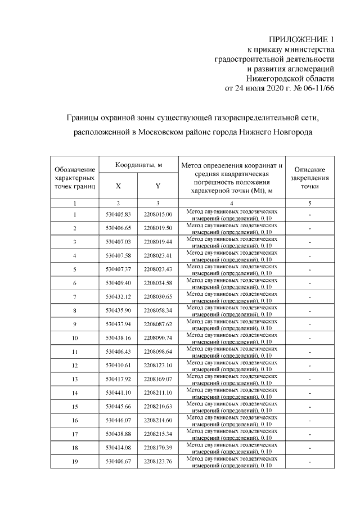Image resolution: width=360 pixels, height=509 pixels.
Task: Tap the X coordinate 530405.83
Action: (x=118, y=214)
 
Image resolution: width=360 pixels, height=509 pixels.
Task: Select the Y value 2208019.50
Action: (x=157, y=228)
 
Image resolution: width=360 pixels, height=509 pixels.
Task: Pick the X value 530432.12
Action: (x=118, y=296)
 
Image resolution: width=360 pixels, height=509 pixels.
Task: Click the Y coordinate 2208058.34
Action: (x=157, y=310)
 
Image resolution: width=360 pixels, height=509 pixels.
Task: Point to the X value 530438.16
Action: (x=118, y=337)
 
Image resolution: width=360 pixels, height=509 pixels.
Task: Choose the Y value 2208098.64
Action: (x=157, y=351)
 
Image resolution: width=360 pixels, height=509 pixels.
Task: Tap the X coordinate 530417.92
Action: (x=118, y=379)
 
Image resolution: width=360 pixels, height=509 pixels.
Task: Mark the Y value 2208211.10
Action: (x=157, y=392)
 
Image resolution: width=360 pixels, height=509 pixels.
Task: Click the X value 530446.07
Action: (x=118, y=420)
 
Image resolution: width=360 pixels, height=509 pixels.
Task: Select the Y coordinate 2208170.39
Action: (x=157, y=447)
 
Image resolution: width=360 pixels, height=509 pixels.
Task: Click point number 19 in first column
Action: (x=75, y=461)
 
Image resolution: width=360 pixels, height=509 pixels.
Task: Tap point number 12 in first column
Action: (x=75, y=365)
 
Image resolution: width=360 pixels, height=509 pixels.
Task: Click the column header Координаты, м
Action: (x=138, y=165)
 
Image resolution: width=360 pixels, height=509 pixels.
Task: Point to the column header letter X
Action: (x=118, y=186)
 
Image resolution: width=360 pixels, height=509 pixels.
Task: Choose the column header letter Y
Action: (x=158, y=186)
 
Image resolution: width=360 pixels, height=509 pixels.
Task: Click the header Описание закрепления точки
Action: (x=309, y=177)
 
